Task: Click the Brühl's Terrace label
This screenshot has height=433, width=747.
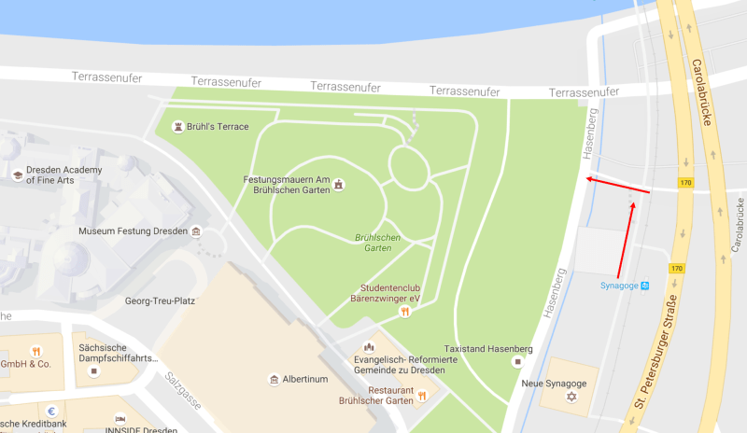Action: [218, 126]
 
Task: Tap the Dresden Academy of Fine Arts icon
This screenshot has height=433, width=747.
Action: [18, 175]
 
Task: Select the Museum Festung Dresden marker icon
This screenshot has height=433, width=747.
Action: [196, 230]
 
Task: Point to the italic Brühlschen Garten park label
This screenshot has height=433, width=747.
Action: [377, 244]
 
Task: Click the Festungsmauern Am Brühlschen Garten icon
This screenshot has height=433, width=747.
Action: [339, 185]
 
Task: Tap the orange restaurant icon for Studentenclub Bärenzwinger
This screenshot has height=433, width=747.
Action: [404, 312]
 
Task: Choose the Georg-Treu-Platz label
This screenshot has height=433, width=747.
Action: [159, 301]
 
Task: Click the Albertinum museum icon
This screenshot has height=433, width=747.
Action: [274, 380]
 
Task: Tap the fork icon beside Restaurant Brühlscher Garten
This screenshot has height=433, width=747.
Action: [422, 396]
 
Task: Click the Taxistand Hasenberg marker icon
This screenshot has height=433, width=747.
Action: [516, 361]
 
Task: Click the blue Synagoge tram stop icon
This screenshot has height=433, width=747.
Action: [644, 286]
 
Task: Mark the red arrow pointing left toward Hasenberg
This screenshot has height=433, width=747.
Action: [616, 187]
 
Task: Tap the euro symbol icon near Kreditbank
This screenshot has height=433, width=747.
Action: [53, 411]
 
